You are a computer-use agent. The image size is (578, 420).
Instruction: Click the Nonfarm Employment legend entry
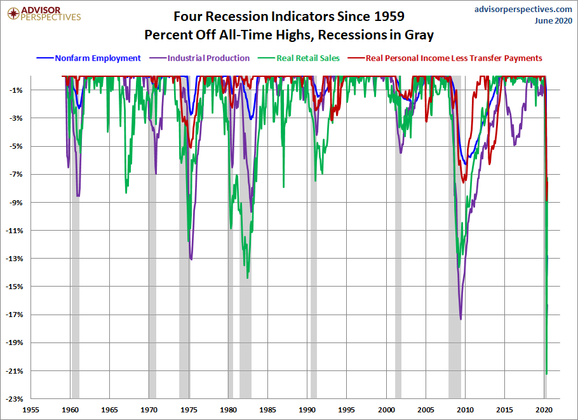(88, 58)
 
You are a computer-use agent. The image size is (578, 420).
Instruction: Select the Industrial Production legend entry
(200, 58)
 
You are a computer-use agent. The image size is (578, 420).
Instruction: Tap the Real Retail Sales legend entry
(299, 58)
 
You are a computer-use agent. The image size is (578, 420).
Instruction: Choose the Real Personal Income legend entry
(445, 58)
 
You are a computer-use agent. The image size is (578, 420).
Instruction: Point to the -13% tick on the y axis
(15, 259)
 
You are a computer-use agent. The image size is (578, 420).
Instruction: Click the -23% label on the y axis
(15, 399)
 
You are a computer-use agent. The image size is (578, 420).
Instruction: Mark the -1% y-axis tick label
(17, 90)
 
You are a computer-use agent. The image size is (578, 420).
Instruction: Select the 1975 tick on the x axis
(189, 410)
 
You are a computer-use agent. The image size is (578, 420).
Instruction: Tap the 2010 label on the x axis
(465, 410)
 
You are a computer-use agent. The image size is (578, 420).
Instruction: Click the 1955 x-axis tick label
(30, 410)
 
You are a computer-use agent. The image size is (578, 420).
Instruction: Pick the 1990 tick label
(307, 410)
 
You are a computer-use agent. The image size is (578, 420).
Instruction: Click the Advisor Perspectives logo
(44, 14)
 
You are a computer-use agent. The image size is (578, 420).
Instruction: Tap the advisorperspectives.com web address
(523, 10)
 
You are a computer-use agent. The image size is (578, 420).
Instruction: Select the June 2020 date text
(553, 20)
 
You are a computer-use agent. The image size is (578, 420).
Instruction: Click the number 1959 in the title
(389, 17)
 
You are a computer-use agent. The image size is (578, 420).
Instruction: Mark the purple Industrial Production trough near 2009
(460, 319)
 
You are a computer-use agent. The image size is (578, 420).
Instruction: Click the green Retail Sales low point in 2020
(546, 374)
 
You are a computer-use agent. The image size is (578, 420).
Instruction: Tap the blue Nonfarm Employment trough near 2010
(466, 164)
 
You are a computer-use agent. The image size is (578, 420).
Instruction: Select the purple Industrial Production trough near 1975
(191, 259)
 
